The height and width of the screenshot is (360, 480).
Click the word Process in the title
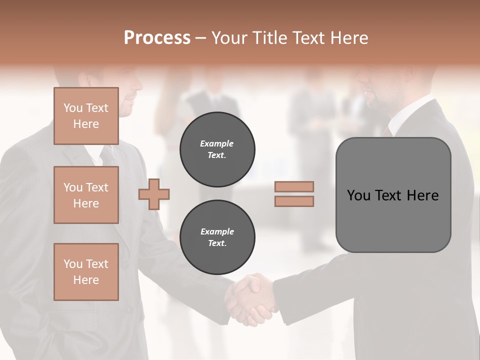tap(157, 38)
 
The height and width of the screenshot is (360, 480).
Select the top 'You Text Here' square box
tap(86, 116)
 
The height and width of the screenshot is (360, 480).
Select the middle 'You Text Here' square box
tap(86, 195)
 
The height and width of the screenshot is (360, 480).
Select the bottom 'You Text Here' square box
tap(86, 272)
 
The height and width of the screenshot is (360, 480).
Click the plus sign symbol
tap(154, 194)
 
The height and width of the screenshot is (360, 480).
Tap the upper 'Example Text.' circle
tap(217, 149)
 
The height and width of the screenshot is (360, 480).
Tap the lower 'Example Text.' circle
tap(217, 237)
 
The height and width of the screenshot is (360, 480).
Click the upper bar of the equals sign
tap(294, 187)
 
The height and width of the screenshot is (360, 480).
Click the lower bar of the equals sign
tap(294, 201)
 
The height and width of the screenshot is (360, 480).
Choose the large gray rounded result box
tap(393, 195)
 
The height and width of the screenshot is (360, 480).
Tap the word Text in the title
tap(310, 38)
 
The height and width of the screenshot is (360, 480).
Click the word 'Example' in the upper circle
tap(217, 143)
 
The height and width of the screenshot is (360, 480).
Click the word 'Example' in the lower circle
tap(217, 231)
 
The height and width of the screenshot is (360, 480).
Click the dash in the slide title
tap(201, 38)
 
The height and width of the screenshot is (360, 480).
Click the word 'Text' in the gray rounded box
tap(388, 195)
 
